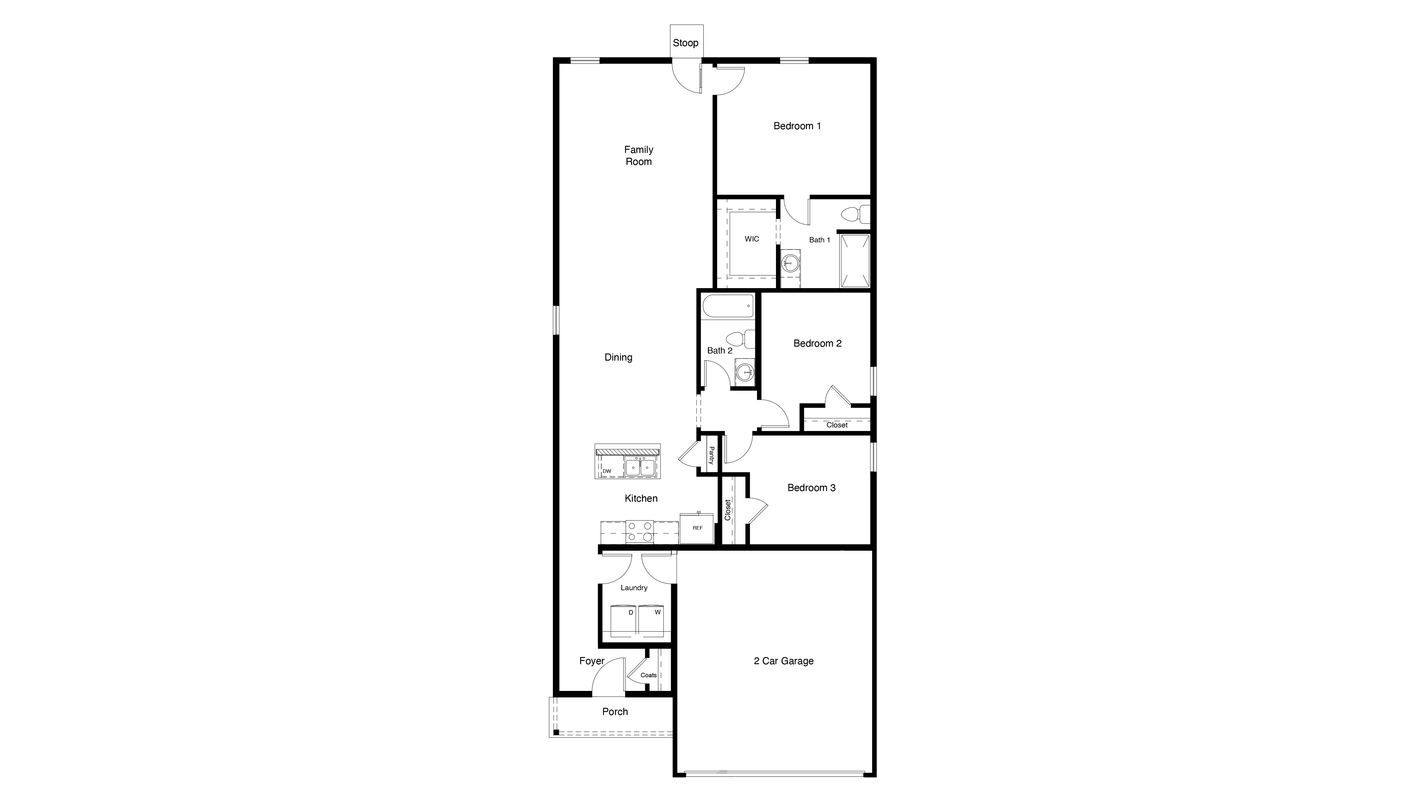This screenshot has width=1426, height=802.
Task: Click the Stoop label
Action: pos(685,42)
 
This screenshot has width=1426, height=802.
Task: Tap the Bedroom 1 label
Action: pos(797,126)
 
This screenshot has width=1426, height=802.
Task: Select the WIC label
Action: pos(752,239)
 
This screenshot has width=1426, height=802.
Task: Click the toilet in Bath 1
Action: pos(853,214)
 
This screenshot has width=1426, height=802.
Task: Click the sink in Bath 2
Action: pos(745,371)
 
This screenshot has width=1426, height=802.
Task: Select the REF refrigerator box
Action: pos(697,528)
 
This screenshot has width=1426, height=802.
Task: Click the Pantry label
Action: pos(711,456)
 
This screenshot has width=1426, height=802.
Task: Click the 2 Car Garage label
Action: pos(783,661)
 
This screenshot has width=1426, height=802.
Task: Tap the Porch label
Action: pos(615,712)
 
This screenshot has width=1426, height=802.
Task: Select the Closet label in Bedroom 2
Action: pos(837,425)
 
